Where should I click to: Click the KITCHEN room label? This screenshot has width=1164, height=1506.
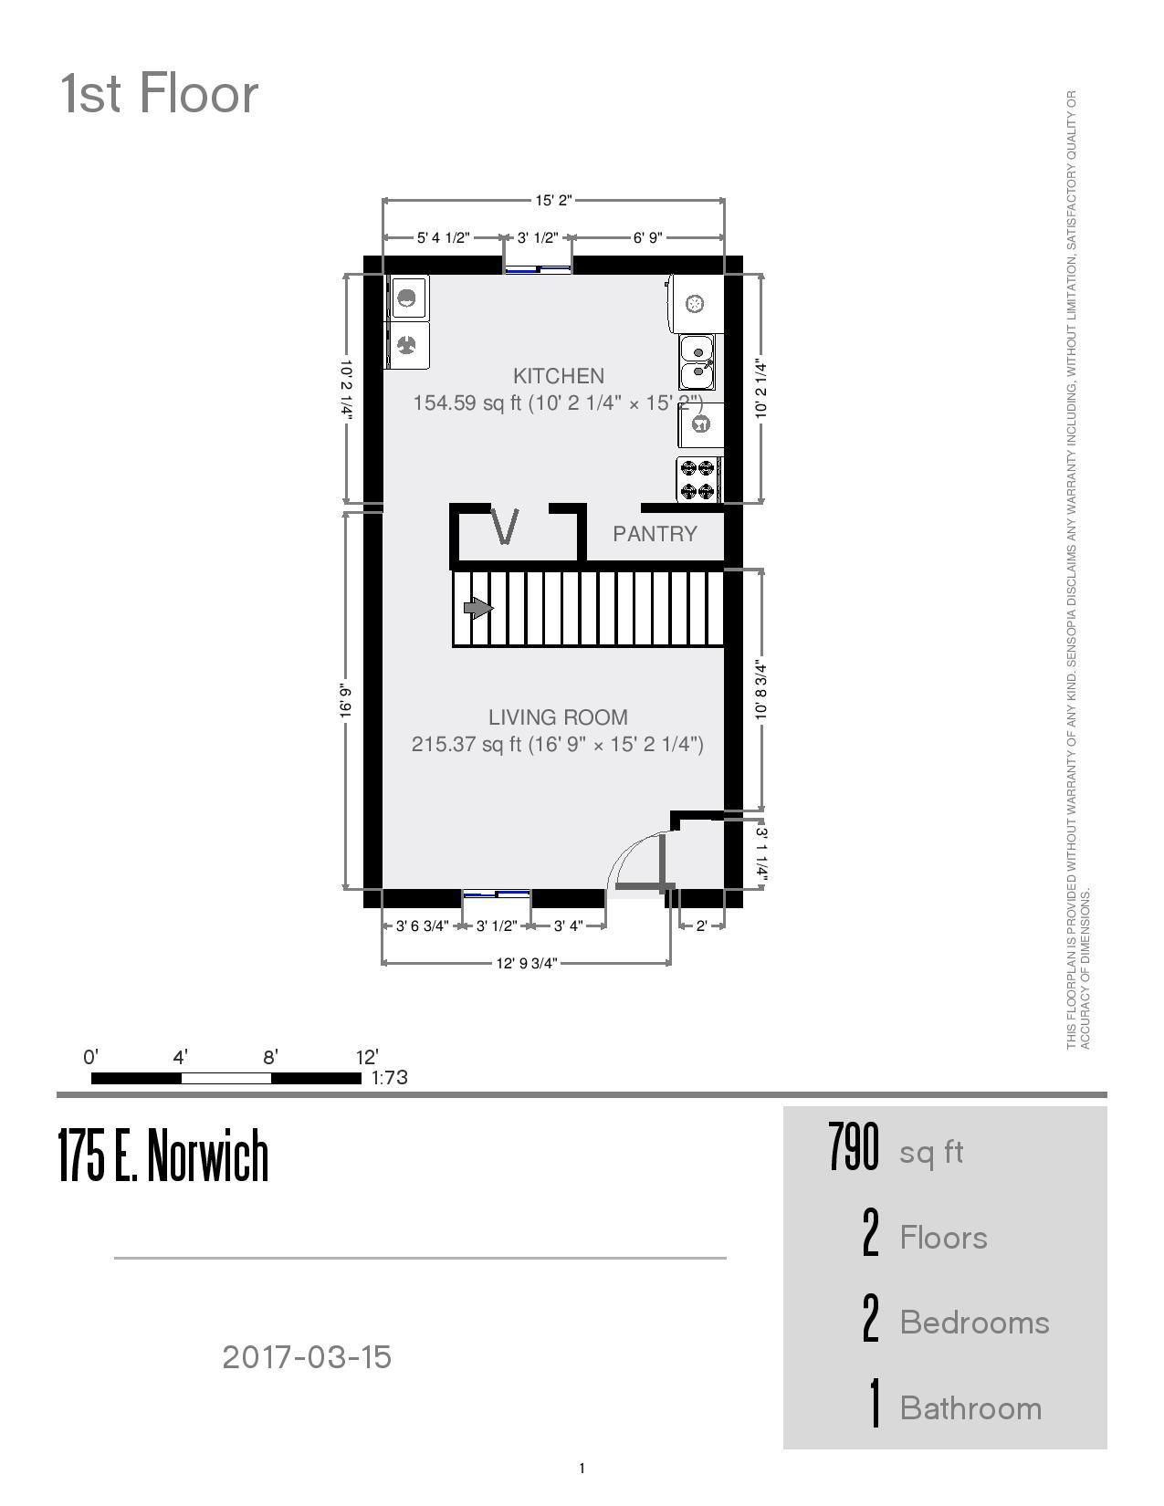click(558, 376)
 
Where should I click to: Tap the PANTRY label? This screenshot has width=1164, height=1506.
click(655, 534)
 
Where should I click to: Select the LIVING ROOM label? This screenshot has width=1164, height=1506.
click(558, 717)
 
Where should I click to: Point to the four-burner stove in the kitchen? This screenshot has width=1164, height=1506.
click(698, 480)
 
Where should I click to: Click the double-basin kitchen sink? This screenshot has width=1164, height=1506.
click(698, 362)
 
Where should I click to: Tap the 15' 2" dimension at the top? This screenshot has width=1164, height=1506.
click(552, 200)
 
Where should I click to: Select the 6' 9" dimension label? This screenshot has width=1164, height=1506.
click(646, 238)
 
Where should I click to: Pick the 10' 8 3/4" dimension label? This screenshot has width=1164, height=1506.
click(761, 691)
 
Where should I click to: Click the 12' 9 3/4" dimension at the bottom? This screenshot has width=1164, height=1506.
click(526, 963)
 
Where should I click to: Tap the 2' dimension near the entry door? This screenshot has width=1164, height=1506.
click(701, 926)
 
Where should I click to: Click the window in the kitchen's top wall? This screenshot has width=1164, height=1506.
click(538, 268)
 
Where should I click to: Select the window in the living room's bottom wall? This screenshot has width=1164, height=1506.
click(497, 894)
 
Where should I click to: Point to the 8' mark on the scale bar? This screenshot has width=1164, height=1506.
click(270, 1058)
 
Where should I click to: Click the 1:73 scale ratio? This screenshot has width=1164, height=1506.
click(389, 1078)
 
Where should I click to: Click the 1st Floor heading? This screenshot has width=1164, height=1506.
click(160, 94)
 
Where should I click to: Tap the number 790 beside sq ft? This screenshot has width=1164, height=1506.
click(854, 1147)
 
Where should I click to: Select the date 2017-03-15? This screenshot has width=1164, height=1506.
click(307, 1357)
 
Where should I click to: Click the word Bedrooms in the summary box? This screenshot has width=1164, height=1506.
click(974, 1323)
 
